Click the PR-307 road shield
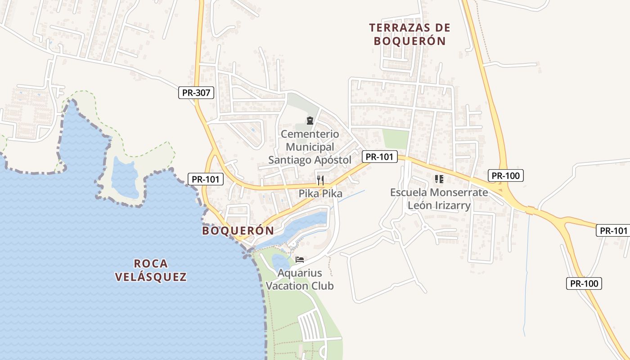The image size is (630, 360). pos(196,93)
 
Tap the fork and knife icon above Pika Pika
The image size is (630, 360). pos(320,180)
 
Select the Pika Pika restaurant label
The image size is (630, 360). pos(320,194)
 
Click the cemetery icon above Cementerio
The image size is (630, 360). pos(310,120)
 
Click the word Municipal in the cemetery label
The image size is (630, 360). pos(310,147)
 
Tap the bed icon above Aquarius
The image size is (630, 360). pos(300,260)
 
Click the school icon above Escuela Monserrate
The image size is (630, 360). pos(439,179)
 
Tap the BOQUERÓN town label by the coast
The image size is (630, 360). pos(238,231)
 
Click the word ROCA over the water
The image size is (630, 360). pos(151,264)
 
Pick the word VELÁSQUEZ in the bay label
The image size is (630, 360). pos(151,277)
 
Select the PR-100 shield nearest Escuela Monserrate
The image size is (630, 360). pos(506,175)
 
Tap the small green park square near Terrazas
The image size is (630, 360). pos(395,139)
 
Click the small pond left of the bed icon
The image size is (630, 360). pos(280,262)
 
